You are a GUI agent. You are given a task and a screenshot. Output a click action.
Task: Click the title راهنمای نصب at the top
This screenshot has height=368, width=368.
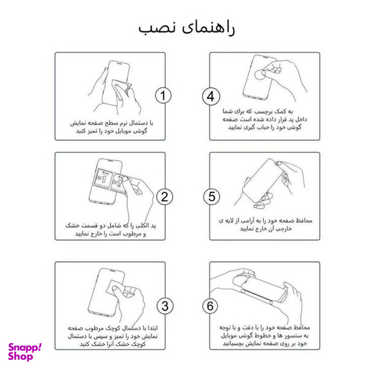(185, 28)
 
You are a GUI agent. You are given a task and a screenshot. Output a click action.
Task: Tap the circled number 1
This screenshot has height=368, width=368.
(164, 96)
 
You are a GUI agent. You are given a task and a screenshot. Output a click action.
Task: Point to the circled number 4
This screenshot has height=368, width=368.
(211, 96)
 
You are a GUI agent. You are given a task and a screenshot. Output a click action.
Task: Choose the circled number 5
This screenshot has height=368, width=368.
(211, 196)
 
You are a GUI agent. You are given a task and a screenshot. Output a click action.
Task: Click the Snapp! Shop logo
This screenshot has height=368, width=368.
(25, 351)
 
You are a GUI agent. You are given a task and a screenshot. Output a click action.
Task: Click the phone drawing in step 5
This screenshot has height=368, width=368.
(262, 185)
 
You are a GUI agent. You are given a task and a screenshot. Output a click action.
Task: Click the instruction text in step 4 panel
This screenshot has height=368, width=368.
(264, 119)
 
